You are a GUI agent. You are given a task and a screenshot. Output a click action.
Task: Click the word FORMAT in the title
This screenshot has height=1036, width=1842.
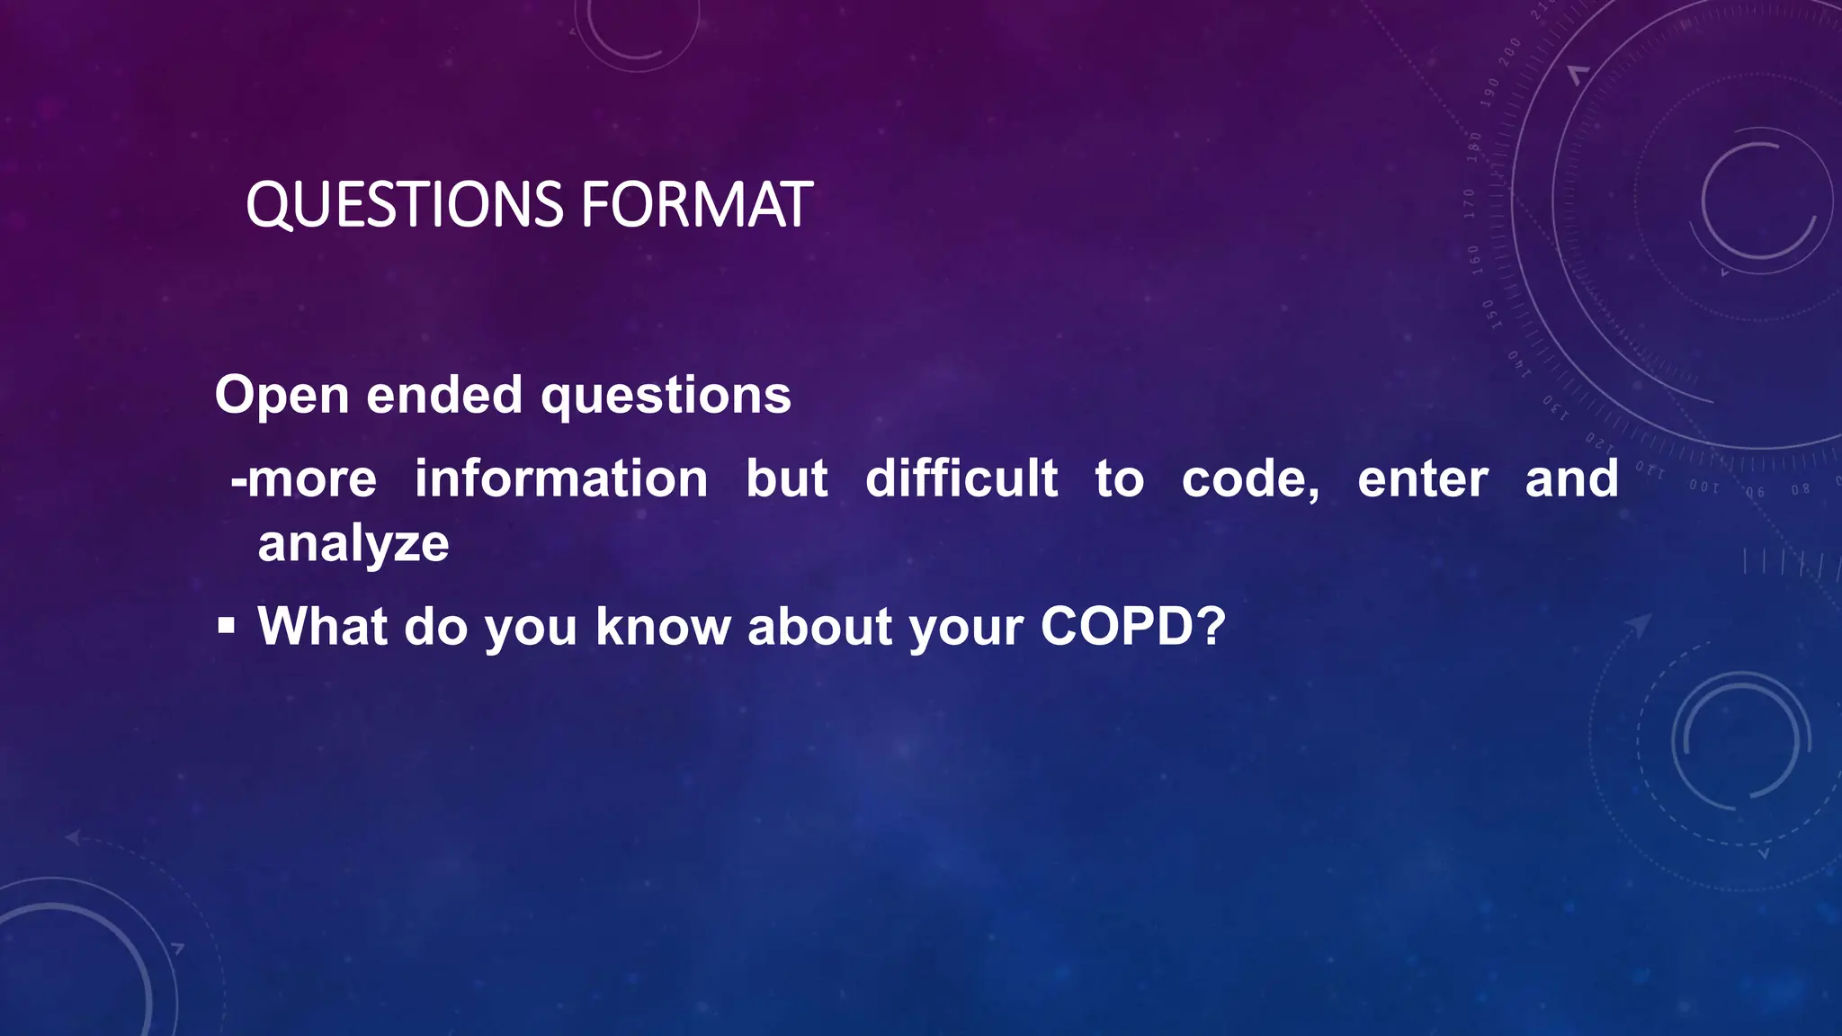pos(696,205)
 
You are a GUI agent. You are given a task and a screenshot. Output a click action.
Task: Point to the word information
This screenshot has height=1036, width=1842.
pos(561,478)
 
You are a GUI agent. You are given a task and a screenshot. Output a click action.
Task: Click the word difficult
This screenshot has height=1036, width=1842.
pos(961,478)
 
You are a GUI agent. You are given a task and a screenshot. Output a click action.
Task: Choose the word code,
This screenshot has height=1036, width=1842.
pos(1250,478)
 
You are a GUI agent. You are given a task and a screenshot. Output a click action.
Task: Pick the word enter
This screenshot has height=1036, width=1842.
pos(1423,478)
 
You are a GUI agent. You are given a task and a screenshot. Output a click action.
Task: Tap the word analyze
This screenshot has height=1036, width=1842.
pos(353,545)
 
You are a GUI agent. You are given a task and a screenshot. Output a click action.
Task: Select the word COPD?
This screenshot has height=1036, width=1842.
pos(1133,626)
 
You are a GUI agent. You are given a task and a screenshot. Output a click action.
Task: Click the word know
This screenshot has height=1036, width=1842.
pos(664,626)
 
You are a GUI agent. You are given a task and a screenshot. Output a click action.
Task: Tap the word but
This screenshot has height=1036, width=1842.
pos(787,478)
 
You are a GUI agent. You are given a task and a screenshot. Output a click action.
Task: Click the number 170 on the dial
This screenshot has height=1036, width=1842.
pos(1470,203)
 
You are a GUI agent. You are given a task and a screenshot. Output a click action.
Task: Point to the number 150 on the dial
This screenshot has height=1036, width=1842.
pos(1489,314)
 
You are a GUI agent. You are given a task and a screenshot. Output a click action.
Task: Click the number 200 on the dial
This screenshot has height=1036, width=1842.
pos(1510,51)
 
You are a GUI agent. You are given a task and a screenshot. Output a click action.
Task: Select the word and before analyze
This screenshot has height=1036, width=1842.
pos(1571,478)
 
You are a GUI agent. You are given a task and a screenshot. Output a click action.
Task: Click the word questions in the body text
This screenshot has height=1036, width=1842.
pos(666,396)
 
